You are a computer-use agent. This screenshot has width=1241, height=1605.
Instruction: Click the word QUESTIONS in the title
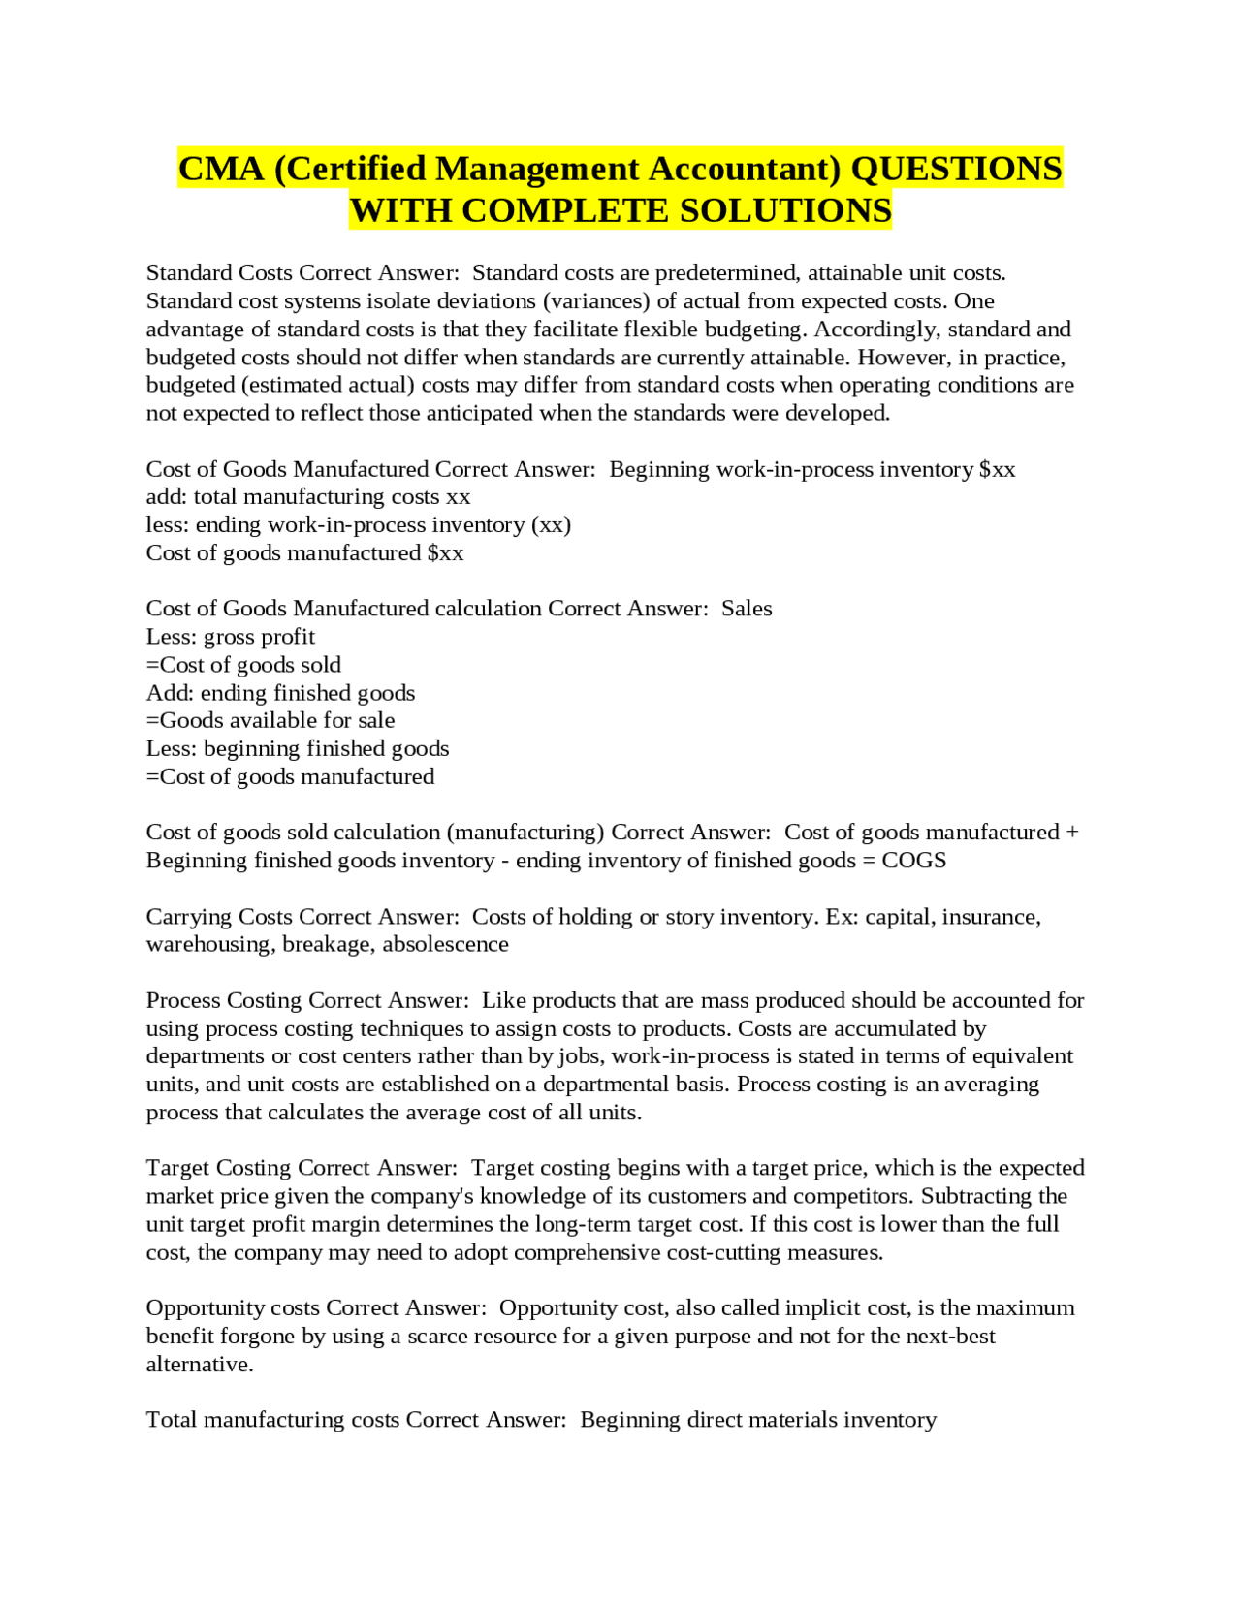click(956, 169)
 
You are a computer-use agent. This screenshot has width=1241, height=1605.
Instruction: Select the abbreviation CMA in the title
click(221, 169)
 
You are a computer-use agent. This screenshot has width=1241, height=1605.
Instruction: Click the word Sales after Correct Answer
click(747, 609)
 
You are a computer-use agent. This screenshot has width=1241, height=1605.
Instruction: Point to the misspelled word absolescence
click(445, 945)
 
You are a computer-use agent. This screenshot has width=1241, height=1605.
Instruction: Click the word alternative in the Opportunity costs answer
click(199, 1365)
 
